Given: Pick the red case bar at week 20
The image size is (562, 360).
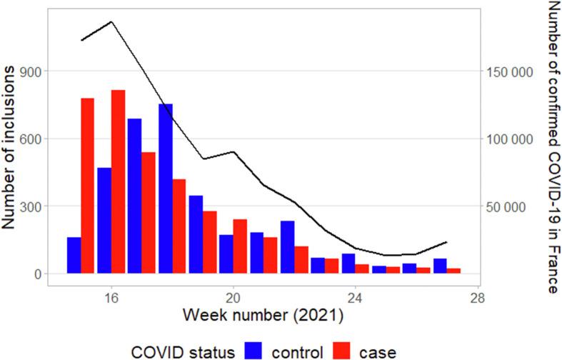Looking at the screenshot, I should coord(240,246).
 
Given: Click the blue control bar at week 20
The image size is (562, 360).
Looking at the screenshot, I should coord(226,254).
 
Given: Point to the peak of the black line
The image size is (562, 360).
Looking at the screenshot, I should coord(111,21).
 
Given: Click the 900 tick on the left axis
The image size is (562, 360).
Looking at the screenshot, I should coord(30,71).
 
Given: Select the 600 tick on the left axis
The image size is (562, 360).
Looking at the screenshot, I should coord(30,139).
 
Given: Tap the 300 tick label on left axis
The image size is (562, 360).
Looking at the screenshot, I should coord(30,206).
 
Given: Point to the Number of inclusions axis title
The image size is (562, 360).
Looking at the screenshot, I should coord(12,146).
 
